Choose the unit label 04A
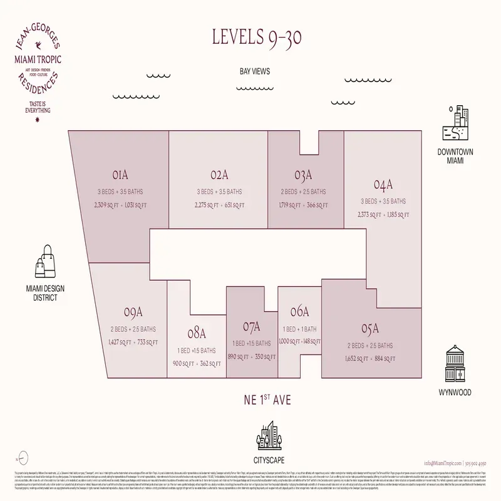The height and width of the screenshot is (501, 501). pos(383,185)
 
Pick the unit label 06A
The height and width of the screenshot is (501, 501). pos(299,311)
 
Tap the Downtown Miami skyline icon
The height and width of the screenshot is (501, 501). pos(456,126)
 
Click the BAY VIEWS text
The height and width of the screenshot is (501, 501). pos(254,71)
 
